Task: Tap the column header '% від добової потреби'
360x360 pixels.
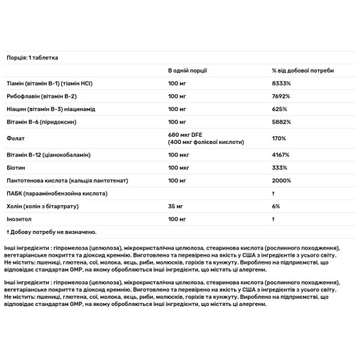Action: [x=302, y=71]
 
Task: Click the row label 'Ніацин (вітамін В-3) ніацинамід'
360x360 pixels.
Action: [x=55, y=110]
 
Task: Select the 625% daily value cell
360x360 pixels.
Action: [x=279, y=110]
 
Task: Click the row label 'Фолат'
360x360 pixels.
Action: [x=14, y=139]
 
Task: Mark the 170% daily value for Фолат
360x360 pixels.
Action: [x=279, y=139]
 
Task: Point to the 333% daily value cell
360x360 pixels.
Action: [x=279, y=167]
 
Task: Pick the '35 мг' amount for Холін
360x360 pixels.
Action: [x=176, y=206]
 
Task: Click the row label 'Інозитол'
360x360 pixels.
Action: [x=19, y=219]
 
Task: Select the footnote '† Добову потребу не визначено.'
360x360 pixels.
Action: [x=51, y=232]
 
